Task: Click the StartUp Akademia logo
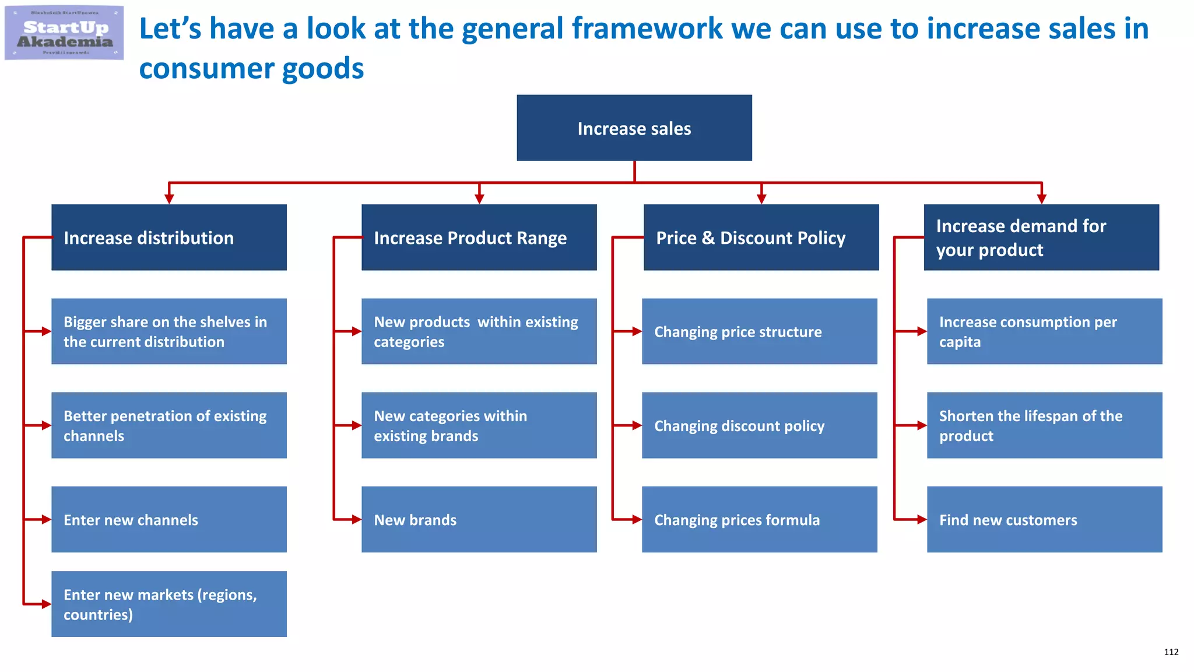click(64, 33)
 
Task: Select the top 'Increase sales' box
click(634, 128)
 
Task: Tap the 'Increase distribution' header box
click(168, 237)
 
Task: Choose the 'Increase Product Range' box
click(479, 237)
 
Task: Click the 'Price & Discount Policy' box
click(761, 237)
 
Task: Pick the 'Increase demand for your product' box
click(1041, 237)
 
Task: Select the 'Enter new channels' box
click(168, 519)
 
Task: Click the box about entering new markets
click(168, 604)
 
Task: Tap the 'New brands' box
click(479, 519)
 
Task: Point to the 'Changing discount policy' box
click(759, 425)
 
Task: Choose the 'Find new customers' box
click(1044, 519)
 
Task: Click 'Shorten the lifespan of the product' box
click(1044, 425)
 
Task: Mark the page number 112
click(1171, 652)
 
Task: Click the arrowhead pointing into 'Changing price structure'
click(637, 331)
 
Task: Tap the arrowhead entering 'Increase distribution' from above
click(169, 198)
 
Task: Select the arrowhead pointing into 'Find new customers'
click(922, 519)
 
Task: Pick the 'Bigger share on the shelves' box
click(168, 331)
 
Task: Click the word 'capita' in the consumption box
click(960, 342)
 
